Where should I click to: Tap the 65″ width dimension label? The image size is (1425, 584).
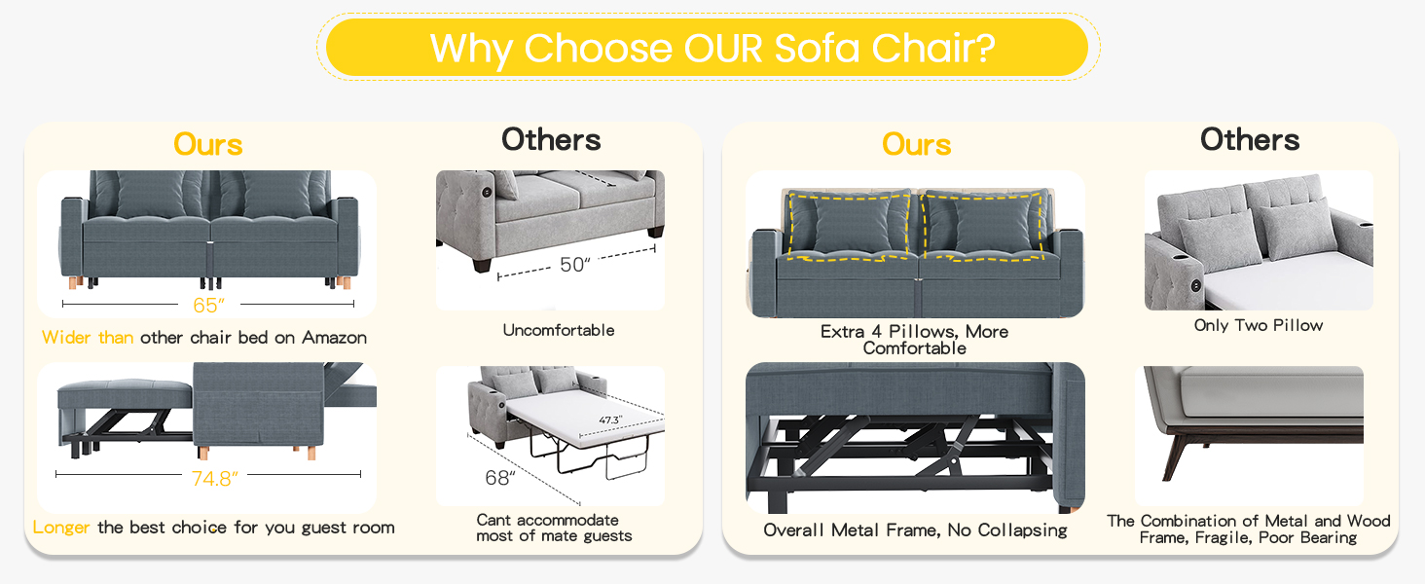click(x=208, y=306)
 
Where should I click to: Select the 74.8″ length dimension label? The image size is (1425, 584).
click(x=215, y=478)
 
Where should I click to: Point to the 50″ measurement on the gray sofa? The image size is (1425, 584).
click(x=575, y=264)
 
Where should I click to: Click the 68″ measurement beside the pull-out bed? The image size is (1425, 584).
click(x=500, y=477)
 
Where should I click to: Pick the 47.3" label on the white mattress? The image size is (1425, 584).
click(x=610, y=420)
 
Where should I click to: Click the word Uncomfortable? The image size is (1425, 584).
click(x=559, y=330)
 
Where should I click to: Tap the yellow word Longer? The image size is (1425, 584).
click(x=61, y=528)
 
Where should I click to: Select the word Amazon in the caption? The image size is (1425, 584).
click(x=334, y=337)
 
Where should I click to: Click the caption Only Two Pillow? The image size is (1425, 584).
click(x=1259, y=325)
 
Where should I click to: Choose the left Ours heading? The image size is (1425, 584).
click(x=208, y=144)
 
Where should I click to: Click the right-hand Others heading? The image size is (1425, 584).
click(x=1250, y=139)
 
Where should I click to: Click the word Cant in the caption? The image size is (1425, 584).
click(x=493, y=520)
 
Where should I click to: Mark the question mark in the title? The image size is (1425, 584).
click(x=985, y=48)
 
